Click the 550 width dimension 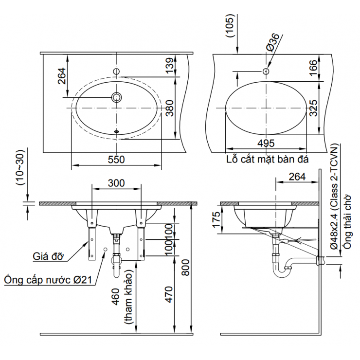coord(116,159)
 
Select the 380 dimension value coord(169,108)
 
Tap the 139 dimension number coord(169,66)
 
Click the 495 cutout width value coord(266,143)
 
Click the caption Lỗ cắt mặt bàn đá coord(268,159)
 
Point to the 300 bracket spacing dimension coord(116,183)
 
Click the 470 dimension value coord(168,294)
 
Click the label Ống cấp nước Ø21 coord(49,280)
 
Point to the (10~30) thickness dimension coord(19,168)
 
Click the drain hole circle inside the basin coord(116,97)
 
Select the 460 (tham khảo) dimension coord(122,304)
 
